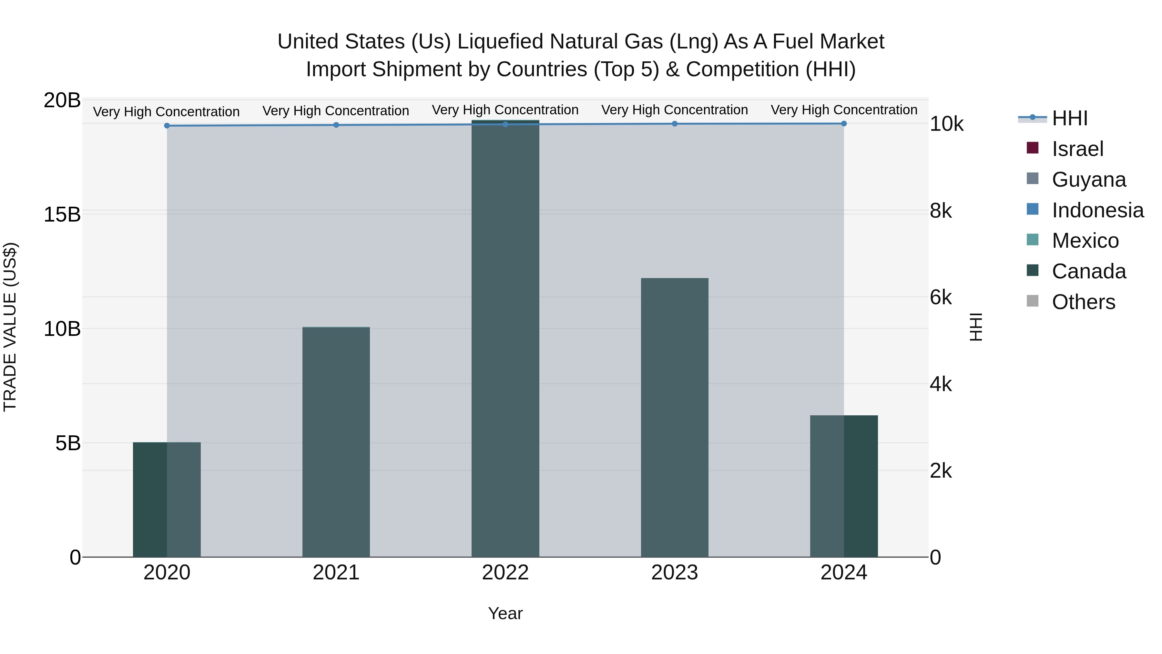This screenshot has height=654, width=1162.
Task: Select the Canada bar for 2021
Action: pyautogui.click(x=336, y=442)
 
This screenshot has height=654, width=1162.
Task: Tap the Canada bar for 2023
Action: pyautogui.click(x=674, y=418)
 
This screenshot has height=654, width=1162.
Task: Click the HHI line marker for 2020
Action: pyautogui.click(x=167, y=126)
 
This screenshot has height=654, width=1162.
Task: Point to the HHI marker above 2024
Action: pyautogui.click(x=843, y=124)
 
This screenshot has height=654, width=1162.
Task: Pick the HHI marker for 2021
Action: pyautogui.click(x=336, y=125)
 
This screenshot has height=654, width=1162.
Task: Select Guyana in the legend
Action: pyautogui.click(x=1088, y=180)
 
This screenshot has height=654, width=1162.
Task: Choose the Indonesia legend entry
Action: pyautogui.click(x=1097, y=210)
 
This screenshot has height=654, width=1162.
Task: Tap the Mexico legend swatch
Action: pyautogui.click(x=1033, y=240)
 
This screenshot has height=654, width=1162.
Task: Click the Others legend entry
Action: pyautogui.click(x=1083, y=302)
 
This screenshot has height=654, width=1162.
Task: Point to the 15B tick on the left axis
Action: pyautogui.click(x=62, y=215)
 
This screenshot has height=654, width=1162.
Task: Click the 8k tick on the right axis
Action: pyautogui.click(x=941, y=211)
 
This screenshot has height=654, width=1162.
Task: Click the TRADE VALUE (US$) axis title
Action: pyautogui.click(x=10, y=327)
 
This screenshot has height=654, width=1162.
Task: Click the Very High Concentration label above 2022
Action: pyautogui.click(x=505, y=110)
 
